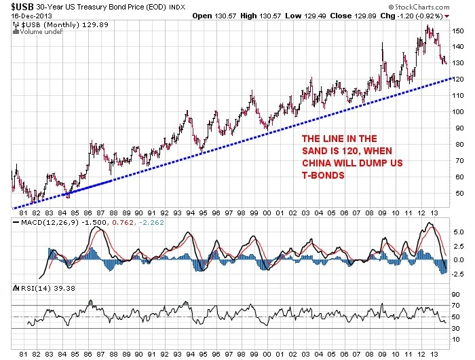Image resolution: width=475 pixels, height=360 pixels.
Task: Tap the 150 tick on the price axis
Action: tap(460, 31)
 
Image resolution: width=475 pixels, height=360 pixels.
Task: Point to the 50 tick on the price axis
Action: tap(460, 193)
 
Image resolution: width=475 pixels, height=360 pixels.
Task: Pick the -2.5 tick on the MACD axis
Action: tap(459, 274)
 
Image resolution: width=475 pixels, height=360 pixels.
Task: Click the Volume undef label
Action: tap(33, 31)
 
